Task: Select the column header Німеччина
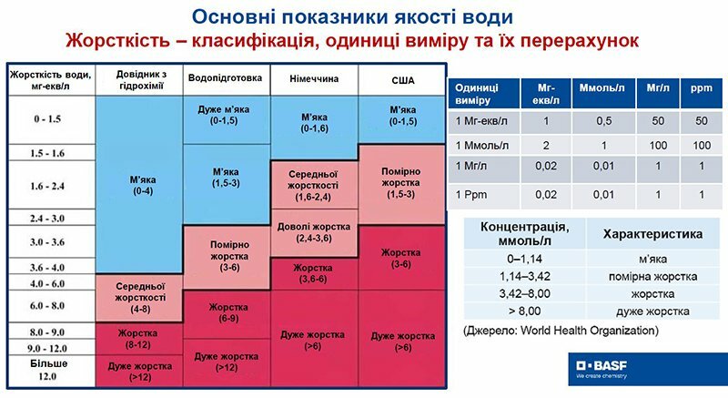point(314,79)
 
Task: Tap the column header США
point(402,80)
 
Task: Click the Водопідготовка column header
point(225,78)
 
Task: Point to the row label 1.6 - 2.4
point(47,186)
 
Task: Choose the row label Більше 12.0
point(48,370)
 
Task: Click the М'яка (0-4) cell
point(143,185)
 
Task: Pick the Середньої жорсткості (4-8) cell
point(140,298)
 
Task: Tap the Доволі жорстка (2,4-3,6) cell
point(314,232)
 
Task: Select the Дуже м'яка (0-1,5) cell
point(224,115)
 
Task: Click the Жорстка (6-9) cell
point(228,313)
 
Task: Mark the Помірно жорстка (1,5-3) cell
point(401,183)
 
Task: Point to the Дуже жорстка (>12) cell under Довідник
point(140,372)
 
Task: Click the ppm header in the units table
point(701,88)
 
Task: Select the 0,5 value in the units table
point(603,121)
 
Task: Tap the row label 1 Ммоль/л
point(482,146)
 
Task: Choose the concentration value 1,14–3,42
point(525,277)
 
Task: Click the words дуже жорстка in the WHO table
point(652,311)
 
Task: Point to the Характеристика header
point(652,234)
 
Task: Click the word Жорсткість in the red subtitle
point(117,41)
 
